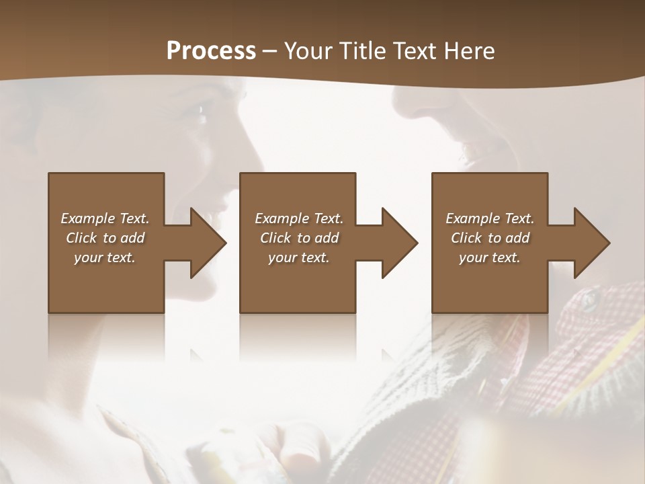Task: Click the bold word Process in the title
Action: click(x=211, y=50)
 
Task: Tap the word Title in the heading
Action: click(x=369, y=51)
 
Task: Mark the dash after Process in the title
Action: click(x=269, y=52)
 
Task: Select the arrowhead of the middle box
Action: click(x=399, y=243)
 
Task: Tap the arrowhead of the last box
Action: click(x=591, y=243)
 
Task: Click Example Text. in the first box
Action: click(x=105, y=218)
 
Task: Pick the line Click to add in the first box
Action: click(x=105, y=238)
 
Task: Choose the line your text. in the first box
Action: click(x=105, y=257)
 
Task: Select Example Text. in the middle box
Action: click(x=299, y=218)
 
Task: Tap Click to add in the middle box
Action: click(x=299, y=238)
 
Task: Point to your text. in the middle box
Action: click(x=299, y=257)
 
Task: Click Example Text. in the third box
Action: click(x=490, y=218)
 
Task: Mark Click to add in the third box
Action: click(x=490, y=238)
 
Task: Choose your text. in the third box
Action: click(x=490, y=257)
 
